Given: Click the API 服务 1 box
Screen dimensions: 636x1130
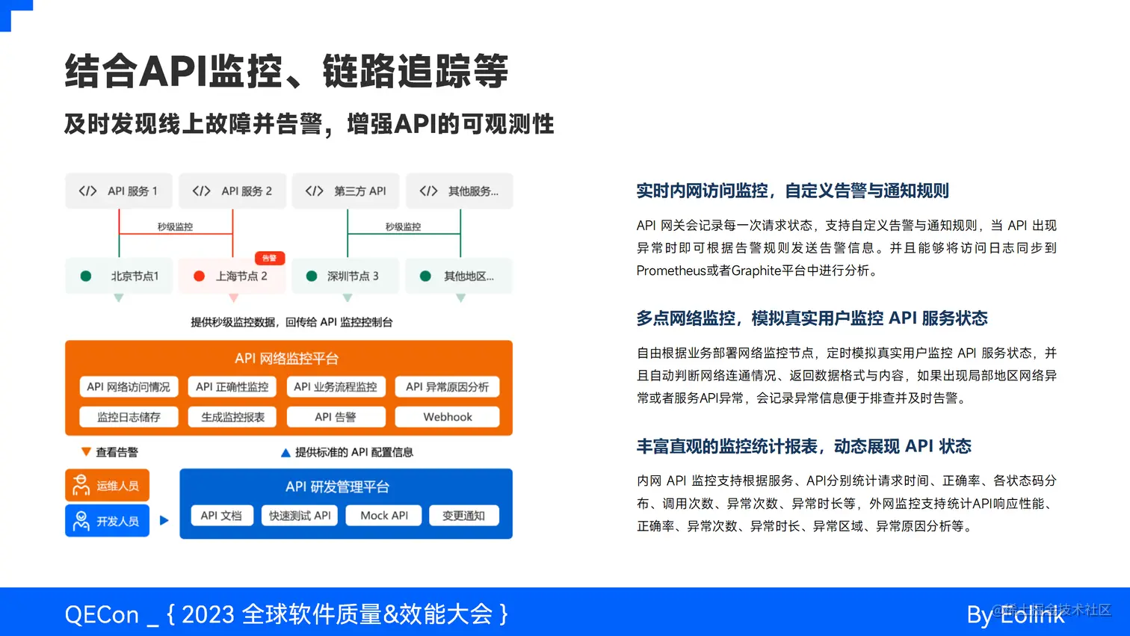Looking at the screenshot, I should click(x=119, y=191).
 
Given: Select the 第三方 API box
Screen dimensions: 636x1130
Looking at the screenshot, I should click(x=345, y=191).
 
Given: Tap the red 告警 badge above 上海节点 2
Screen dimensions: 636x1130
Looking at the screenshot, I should click(x=270, y=258).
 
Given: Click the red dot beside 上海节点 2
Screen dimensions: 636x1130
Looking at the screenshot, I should click(x=199, y=276).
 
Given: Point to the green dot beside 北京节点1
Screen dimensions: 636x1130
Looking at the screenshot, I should click(x=86, y=276).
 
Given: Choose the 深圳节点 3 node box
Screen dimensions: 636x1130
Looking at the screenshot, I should click(x=345, y=276).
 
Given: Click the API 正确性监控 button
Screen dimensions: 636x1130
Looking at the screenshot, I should click(x=232, y=386).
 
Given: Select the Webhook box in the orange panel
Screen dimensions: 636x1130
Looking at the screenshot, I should click(x=447, y=417).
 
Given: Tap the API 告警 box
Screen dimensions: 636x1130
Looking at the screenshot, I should click(x=335, y=417).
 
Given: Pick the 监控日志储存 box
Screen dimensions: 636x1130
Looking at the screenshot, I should click(x=129, y=417).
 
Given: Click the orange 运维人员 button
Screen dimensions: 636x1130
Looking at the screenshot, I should click(x=108, y=486).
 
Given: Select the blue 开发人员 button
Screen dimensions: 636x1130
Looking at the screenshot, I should click(x=108, y=521).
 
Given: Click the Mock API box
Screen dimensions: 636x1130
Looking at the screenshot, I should click(x=383, y=516).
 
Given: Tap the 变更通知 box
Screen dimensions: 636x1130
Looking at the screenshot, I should click(x=463, y=516).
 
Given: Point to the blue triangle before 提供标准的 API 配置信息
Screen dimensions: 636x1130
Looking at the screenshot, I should click(x=285, y=453).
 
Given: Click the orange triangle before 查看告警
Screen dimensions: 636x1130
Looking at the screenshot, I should click(x=86, y=452).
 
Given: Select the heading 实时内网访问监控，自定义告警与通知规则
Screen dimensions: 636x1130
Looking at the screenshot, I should click(x=792, y=191).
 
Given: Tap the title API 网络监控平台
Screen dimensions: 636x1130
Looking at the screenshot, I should click(x=287, y=359).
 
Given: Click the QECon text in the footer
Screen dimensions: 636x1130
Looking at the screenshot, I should click(x=102, y=614).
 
